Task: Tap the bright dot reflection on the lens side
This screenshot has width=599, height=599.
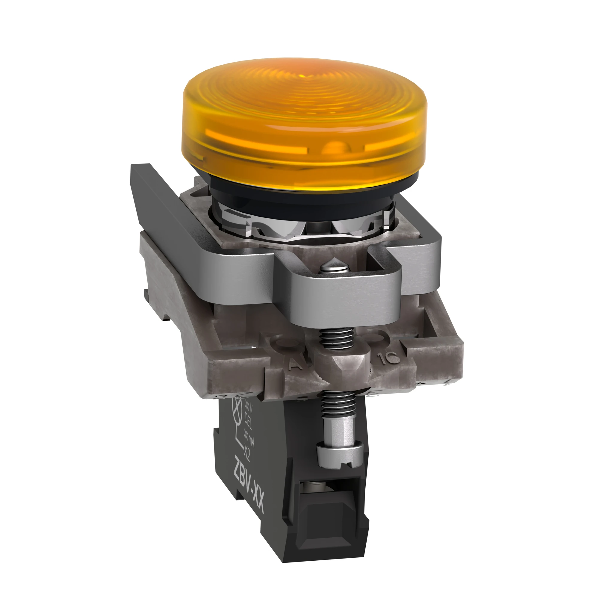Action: [x=333, y=148]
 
